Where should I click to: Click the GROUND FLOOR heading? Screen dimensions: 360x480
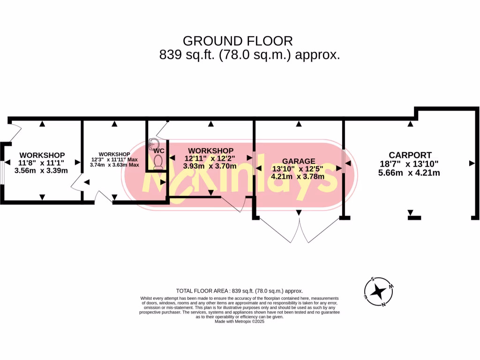click(238, 41)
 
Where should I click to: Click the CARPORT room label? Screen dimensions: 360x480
click(410, 155)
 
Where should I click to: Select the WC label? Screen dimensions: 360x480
click(158, 151)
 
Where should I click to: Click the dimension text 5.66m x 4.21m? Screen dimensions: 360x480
click(409, 172)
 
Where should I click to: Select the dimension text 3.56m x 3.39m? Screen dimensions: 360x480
click(41, 171)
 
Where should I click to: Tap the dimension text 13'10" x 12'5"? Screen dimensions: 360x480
click(298, 169)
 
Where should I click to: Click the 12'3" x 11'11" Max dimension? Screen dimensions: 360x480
click(114, 159)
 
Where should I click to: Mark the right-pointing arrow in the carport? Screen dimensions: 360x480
click(471, 163)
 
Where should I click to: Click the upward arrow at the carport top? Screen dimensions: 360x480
click(410, 124)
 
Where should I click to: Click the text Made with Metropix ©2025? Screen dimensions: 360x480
click(240, 322)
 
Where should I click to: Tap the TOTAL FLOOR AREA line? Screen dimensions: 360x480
click(240, 291)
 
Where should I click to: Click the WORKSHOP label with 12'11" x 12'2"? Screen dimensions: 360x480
click(210, 150)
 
